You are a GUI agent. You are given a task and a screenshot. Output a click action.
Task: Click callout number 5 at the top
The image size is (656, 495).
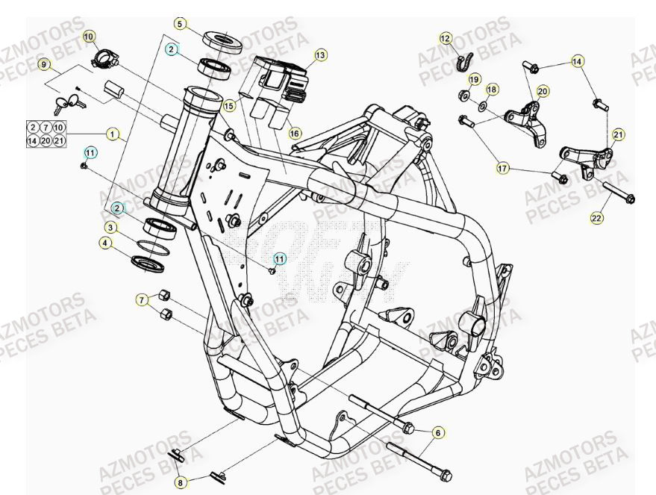(x=179, y=23)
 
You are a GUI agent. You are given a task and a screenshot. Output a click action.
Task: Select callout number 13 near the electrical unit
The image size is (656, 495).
(x=320, y=55)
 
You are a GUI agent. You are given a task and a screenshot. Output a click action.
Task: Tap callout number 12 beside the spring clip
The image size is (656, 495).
(x=445, y=37)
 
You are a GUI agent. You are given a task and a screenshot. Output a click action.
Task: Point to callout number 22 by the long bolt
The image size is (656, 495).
(x=596, y=218)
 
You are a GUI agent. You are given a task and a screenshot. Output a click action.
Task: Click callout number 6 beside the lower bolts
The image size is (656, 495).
(x=438, y=432)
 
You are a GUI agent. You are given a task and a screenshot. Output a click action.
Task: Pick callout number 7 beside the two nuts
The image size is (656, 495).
(x=140, y=300)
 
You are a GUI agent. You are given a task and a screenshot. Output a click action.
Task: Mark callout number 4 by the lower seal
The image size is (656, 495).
(x=106, y=243)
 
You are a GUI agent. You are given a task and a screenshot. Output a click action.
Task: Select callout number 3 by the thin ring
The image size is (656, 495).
(x=110, y=227)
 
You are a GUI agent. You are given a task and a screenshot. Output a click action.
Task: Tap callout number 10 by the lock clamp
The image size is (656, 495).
(x=89, y=36)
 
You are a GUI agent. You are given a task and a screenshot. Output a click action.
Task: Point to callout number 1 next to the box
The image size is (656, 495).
(x=112, y=134)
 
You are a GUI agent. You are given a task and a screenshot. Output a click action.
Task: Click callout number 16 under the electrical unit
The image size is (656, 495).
(x=295, y=133)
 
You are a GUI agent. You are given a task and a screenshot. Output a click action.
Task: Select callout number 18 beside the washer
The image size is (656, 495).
(x=491, y=90)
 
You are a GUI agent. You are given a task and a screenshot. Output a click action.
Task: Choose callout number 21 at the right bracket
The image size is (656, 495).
(x=618, y=134)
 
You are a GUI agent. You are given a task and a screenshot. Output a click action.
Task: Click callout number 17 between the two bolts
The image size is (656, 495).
(x=503, y=169)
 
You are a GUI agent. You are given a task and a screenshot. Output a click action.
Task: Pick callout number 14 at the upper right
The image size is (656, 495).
(x=578, y=62)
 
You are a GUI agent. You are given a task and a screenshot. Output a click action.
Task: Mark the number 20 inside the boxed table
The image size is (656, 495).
(x=46, y=140)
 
